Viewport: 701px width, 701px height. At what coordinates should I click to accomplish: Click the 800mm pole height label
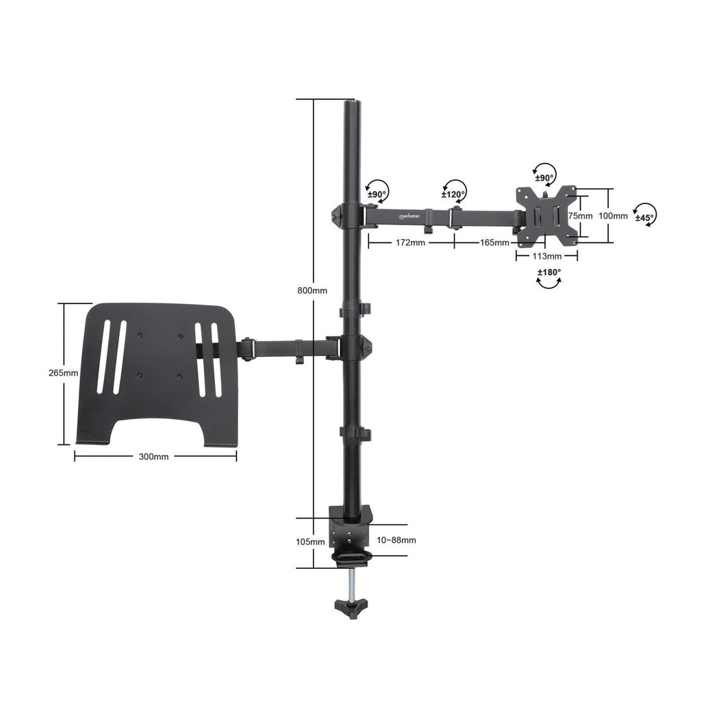312,290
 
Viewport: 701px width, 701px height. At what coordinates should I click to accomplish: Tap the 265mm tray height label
63,373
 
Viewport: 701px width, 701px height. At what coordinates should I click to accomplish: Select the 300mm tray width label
154,457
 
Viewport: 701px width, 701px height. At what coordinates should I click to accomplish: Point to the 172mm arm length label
411,242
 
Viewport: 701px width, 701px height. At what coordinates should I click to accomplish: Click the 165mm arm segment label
494,242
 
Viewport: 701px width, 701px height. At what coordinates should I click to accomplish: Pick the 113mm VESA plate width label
547,256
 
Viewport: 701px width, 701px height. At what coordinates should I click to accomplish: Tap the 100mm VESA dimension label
613,216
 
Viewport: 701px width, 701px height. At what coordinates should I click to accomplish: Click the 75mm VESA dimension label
581,216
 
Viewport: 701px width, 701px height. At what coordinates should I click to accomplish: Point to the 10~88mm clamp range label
396,540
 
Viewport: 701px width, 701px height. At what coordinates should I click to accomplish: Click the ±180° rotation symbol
548,277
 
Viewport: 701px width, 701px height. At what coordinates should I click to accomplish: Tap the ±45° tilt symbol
644,214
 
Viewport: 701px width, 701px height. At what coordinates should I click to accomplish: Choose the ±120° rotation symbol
454,190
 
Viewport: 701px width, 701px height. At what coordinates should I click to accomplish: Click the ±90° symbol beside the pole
377,189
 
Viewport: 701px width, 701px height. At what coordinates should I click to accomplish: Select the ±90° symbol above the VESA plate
544,175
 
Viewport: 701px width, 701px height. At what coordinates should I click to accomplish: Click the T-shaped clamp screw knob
351,606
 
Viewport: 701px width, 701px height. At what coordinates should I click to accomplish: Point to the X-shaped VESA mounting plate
546,216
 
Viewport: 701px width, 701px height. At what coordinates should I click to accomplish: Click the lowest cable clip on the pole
355,434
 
